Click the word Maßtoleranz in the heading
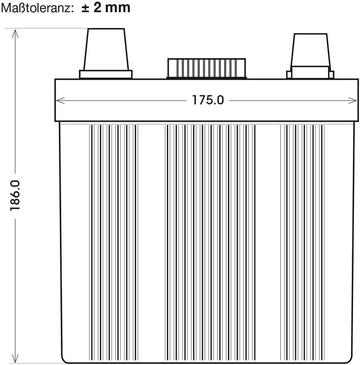[37, 8]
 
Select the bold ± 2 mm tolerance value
[106, 8]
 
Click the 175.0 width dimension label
[208, 100]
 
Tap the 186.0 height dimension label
[15, 196]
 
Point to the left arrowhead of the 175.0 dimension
[60, 101]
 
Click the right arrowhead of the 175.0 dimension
[352, 101]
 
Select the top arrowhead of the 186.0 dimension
[15, 34]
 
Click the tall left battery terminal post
[106, 49]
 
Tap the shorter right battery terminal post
[311, 50]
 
